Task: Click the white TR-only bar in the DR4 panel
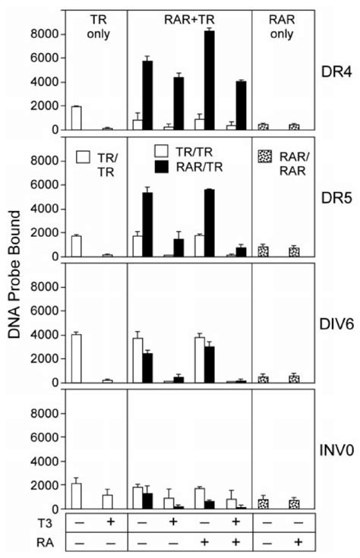coord(76,118)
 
